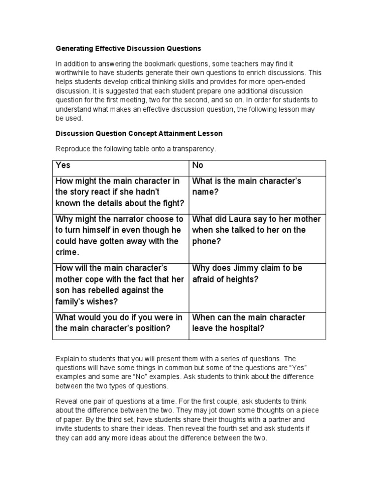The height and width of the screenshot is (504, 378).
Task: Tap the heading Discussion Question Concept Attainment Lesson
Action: point(139,133)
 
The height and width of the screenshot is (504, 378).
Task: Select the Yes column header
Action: point(63,166)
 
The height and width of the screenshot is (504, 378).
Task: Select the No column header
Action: point(198,166)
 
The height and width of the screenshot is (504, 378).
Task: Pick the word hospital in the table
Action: point(248,328)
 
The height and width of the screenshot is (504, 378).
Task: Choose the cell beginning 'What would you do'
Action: point(120,323)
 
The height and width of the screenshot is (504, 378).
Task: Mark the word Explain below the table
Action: point(67,359)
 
